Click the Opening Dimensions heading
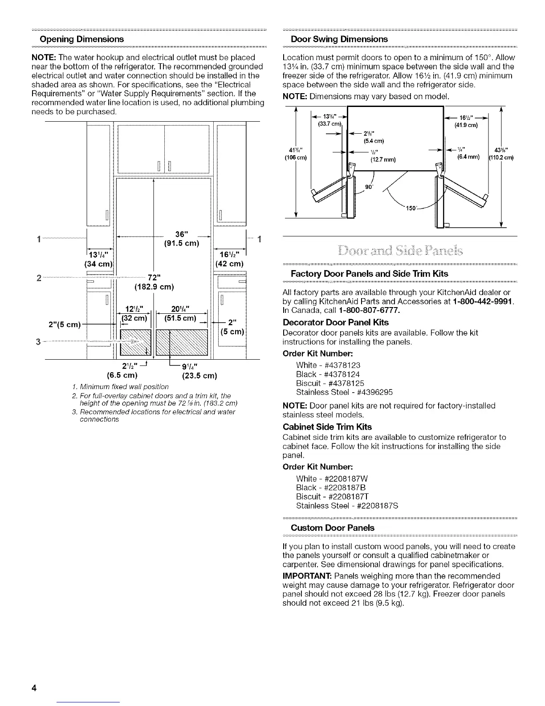(82, 39)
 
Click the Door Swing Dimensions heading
(339, 39)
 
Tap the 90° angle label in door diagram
(369, 187)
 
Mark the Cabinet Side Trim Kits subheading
(327, 427)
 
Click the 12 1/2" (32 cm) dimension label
(131, 309)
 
